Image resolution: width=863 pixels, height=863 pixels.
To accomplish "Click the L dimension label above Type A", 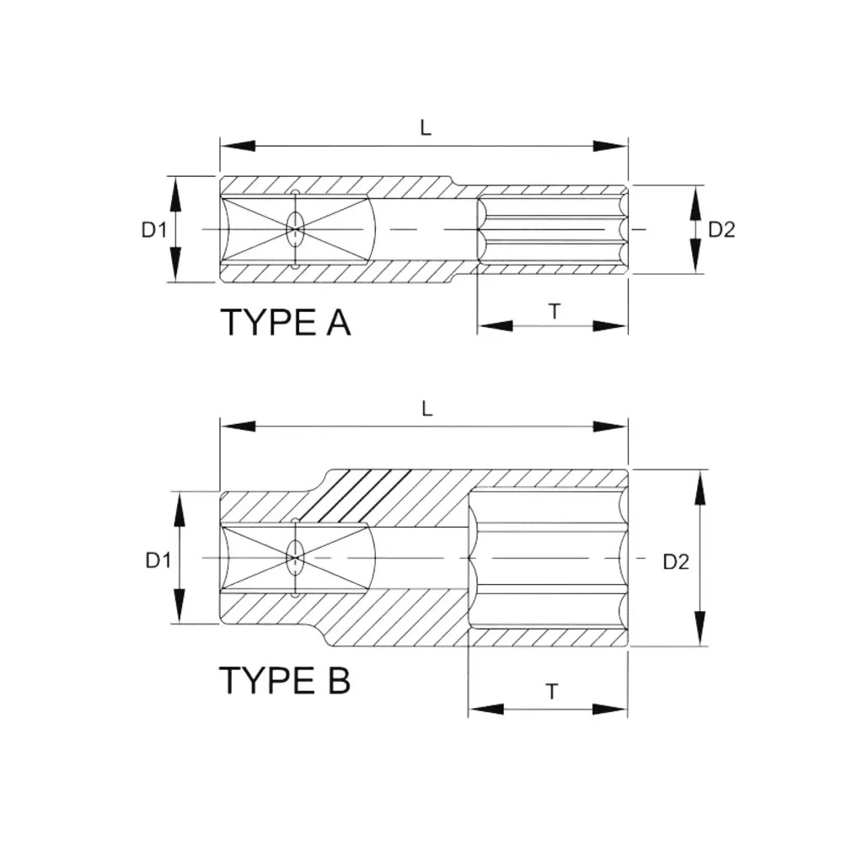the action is [426, 128].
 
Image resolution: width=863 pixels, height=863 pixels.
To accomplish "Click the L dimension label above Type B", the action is [427, 409].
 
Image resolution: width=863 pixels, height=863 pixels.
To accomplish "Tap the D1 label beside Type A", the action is [154, 229].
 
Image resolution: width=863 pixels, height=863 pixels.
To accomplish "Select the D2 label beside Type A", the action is [721, 229].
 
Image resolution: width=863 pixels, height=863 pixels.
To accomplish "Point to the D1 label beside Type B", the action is [158, 560].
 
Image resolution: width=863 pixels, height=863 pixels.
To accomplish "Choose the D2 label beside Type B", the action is [676, 561].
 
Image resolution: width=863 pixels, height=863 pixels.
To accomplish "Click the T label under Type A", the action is [555, 312].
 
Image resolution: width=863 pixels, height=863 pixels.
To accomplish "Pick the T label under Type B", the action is [552, 691].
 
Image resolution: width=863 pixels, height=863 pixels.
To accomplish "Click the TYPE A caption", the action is [285, 323].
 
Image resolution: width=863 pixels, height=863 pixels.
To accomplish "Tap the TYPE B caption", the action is [285, 680].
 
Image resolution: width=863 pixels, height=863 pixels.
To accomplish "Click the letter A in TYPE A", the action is [338, 323].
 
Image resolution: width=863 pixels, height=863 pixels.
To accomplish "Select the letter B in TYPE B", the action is [339, 680].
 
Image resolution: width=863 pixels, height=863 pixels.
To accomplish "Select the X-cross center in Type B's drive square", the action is [295, 559].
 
